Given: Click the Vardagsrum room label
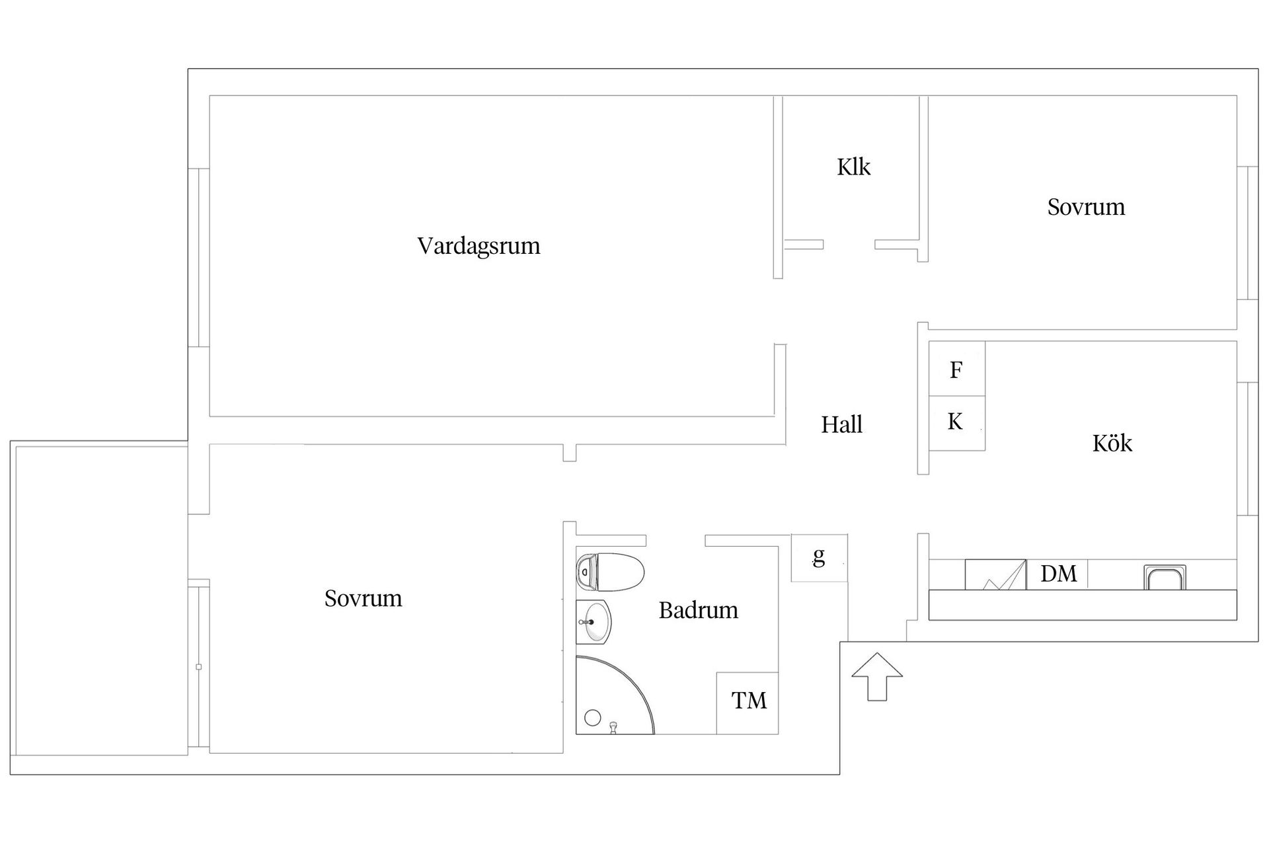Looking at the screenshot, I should click(479, 246).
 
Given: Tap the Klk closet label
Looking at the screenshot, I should click(853, 167).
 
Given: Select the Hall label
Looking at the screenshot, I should click(841, 424).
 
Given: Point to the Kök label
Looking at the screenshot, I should click(1112, 443).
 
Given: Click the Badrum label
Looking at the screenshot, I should click(698, 610).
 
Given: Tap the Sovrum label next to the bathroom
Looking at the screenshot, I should click(363, 598).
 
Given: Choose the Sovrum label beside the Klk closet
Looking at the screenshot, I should click(1086, 207).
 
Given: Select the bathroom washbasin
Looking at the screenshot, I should click(595, 621).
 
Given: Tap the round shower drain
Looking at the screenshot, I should click(593, 717).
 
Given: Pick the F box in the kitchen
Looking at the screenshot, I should click(956, 369).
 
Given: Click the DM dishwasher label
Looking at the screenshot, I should click(1058, 574).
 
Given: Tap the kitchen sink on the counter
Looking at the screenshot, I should click(1164, 578).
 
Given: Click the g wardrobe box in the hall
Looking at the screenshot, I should click(819, 558).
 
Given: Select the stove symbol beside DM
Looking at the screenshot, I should click(995, 575).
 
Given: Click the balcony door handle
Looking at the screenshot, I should click(199, 667).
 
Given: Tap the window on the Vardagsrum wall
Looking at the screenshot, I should click(199, 258).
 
